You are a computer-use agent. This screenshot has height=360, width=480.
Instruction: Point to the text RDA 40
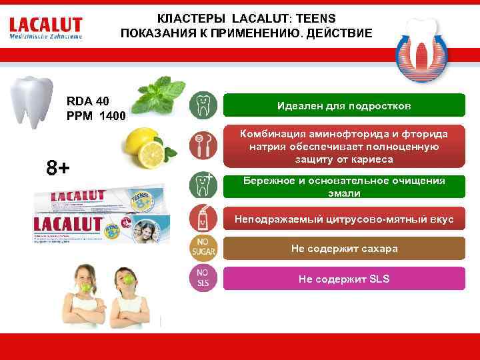87,101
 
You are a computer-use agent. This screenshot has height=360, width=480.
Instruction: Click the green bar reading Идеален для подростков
344,106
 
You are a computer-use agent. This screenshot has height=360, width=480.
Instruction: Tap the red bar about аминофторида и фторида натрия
344,147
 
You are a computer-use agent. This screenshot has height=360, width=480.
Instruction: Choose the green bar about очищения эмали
344,187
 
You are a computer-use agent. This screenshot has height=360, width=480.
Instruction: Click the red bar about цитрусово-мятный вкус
344,219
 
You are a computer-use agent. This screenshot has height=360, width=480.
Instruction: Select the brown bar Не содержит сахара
344,249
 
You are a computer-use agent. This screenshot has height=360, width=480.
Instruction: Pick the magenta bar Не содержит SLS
344,279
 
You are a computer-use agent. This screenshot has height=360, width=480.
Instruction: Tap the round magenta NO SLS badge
202,277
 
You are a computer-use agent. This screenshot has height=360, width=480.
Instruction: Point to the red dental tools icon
202,145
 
